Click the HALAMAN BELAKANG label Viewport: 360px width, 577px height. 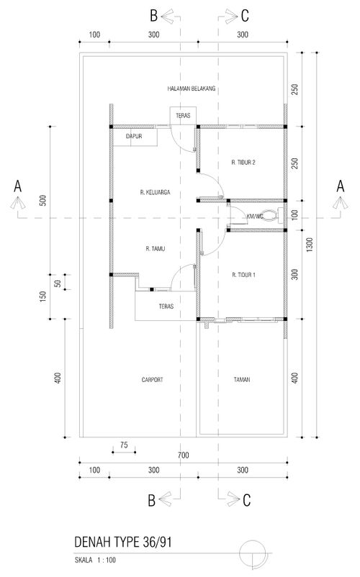[191, 88]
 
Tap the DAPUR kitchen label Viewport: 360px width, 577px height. [134, 136]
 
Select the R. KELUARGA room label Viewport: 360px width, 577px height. [156, 192]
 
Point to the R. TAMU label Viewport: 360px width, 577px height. [156, 249]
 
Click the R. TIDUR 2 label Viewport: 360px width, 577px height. [243, 163]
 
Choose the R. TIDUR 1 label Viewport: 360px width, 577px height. [243, 275]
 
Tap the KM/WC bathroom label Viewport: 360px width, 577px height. [255, 216]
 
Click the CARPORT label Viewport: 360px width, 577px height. [152, 379]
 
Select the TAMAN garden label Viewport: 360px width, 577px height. [242, 379]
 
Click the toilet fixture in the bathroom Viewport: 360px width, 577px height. [271, 216]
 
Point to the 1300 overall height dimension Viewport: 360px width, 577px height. [309, 245]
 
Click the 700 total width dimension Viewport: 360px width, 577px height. [184, 455]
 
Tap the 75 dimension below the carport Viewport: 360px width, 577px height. [124, 445]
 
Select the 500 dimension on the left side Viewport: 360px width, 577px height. [43, 200]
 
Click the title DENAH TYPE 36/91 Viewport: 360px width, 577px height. [123, 542]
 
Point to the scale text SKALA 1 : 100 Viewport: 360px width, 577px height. [95, 560]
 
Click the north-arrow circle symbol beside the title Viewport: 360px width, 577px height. [253, 553]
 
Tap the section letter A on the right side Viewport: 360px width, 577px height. [340, 186]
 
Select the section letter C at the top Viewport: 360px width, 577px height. [245, 16]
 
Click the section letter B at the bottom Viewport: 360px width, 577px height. [152, 501]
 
